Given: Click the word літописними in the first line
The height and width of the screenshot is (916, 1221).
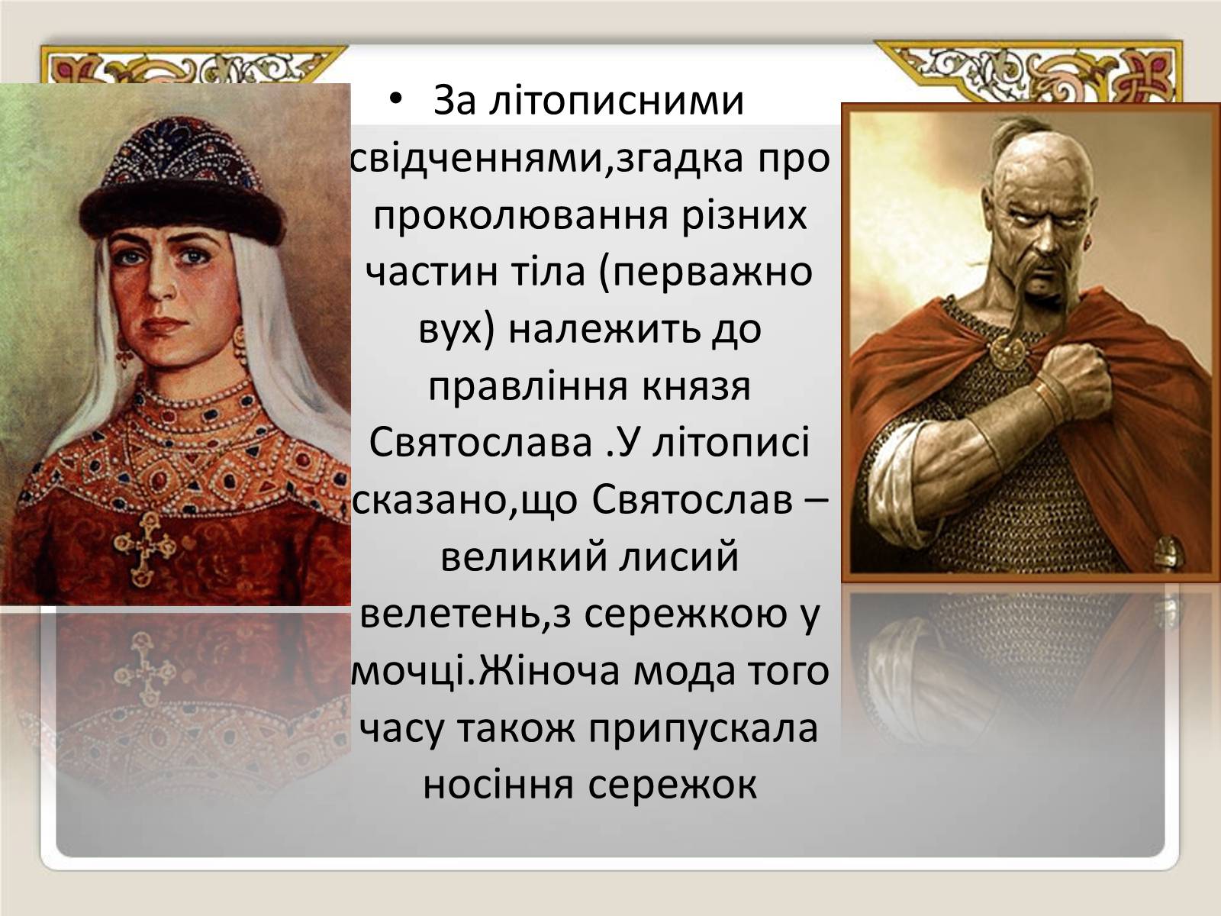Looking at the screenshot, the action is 617,101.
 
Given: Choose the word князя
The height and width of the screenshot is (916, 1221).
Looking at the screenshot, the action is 695,386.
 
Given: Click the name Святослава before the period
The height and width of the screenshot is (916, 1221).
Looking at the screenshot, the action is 481,442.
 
